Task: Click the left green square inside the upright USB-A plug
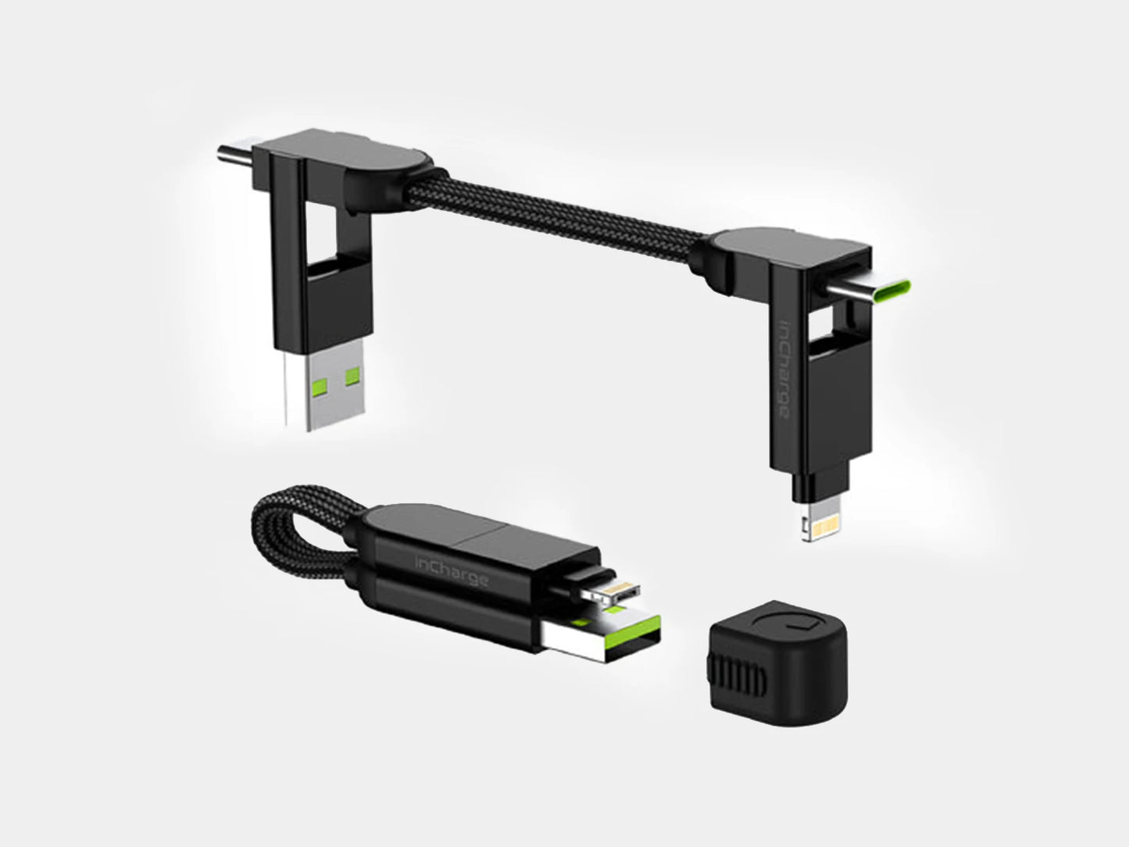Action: click(x=320, y=381)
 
